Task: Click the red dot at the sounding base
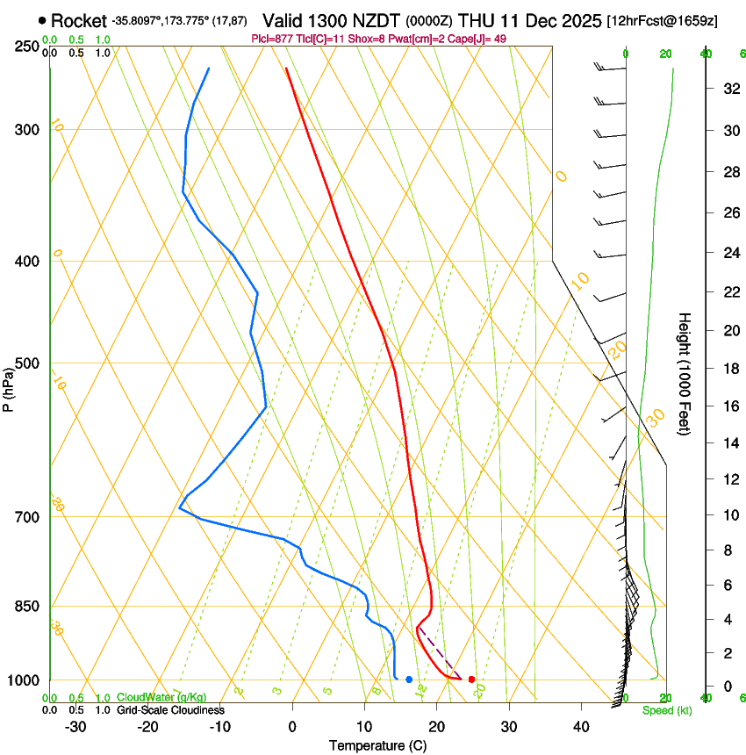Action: pyautogui.click(x=472, y=679)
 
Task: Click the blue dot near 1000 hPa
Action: pyautogui.click(x=409, y=679)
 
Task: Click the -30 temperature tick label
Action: pyautogui.click(x=75, y=727)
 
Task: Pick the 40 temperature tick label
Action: pyautogui.click(x=581, y=727)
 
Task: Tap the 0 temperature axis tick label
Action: pyautogui.click(x=292, y=727)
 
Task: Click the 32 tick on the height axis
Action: pyautogui.click(x=730, y=89)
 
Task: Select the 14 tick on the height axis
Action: pyautogui.click(x=730, y=443)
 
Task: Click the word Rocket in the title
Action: pyautogui.click(x=78, y=20)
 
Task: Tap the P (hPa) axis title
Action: pyautogui.click(x=9, y=387)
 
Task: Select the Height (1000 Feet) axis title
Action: pyautogui.click(x=685, y=373)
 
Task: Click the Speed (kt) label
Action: pyautogui.click(x=662, y=710)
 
